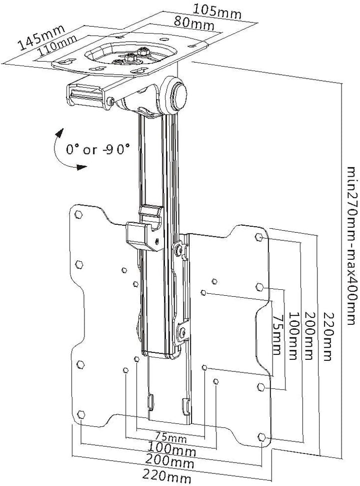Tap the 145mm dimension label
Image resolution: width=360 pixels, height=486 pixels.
tap(38, 39)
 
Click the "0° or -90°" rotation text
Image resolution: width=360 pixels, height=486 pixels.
tap(98, 149)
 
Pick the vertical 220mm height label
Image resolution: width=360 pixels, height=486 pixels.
tap(327, 336)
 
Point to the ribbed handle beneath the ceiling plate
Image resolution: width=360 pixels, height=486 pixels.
tap(85, 95)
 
